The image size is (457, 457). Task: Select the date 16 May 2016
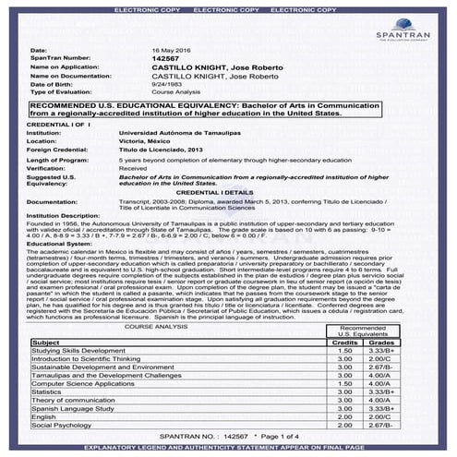172,50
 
